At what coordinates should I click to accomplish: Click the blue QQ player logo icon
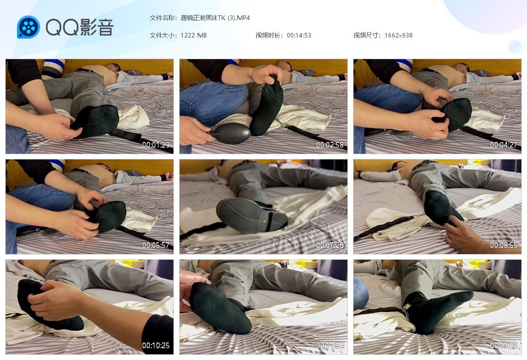click(28, 27)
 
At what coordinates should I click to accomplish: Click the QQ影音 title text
click(80, 27)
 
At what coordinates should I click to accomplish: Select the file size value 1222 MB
click(194, 35)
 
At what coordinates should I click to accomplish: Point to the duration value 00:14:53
click(299, 35)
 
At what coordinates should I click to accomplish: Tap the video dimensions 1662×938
click(398, 35)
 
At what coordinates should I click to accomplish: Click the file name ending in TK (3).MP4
click(215, 18)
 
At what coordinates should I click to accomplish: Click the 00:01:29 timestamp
click(155, 145)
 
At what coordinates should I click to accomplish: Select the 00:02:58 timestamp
click(330, 145)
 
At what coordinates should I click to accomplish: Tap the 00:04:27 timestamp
click(503, 145)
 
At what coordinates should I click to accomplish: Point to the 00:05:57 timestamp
click(155, 245)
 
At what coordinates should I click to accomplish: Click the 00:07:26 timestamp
click(330, 245)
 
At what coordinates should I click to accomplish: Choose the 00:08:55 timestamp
click(503, 245)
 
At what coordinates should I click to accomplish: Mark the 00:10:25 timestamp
click(155, 345)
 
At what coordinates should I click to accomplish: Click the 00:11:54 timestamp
click(330, 345)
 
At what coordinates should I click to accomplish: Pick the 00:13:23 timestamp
click(503, 345)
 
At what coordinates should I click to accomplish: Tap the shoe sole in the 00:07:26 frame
click(251, 216)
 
